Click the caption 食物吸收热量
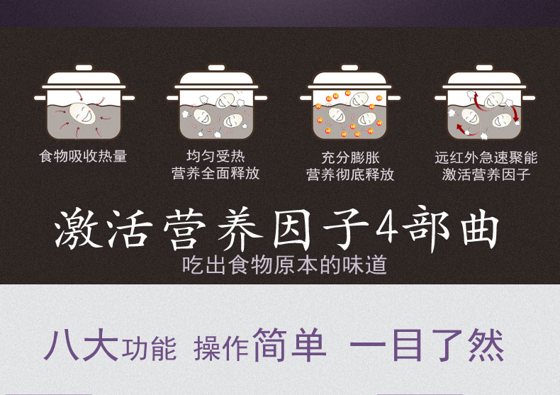pos(83,157)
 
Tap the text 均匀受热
pos(215,156)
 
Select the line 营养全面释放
pos(215,173)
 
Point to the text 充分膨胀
pos(350,157)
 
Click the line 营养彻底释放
pos(350,174)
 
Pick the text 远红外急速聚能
pos(486,157)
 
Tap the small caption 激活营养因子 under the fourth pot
pos(486,174)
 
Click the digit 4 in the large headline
pos(387,228)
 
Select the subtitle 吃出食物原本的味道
pos(285,265)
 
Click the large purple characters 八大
pos(81,344)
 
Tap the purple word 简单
pos(289,344)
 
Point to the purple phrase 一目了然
pos(427,345)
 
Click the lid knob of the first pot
pos(84,67)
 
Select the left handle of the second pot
pos(173,97)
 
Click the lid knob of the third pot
pos(349,67)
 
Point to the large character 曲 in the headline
pos(480,228)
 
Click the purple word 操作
pos(221,349)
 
